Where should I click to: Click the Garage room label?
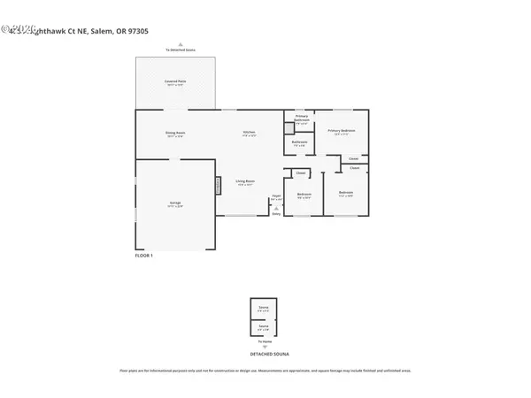point(174,204)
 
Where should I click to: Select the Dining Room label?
point(174,134)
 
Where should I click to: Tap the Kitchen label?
point(250,134)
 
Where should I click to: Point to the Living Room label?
point(245,183)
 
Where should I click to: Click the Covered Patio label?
point(174,82)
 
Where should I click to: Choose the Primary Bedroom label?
point(342,131)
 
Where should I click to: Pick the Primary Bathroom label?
point(302,119)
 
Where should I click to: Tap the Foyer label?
point(276,196)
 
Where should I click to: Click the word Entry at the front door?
point(276,213)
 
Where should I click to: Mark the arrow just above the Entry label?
point(276,207)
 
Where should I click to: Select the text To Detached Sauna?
point(180,50)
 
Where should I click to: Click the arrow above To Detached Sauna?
point(180,43)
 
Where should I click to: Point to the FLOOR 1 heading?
point(143,255)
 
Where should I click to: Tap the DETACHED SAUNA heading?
point(265,353)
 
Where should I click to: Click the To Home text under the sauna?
point(265,341)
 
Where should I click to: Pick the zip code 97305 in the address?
point(136,31)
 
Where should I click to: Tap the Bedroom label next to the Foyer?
point(304,195)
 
